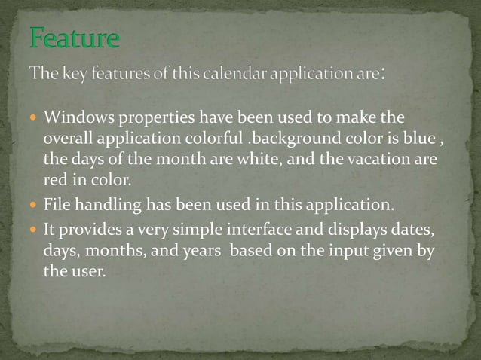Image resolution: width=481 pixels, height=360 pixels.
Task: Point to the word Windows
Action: tap(77, 118)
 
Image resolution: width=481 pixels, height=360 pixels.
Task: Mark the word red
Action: tap(54, 181)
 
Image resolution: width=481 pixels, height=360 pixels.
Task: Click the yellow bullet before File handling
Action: tap(33, 206)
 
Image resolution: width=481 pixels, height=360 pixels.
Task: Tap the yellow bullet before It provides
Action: tap(33, 230)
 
